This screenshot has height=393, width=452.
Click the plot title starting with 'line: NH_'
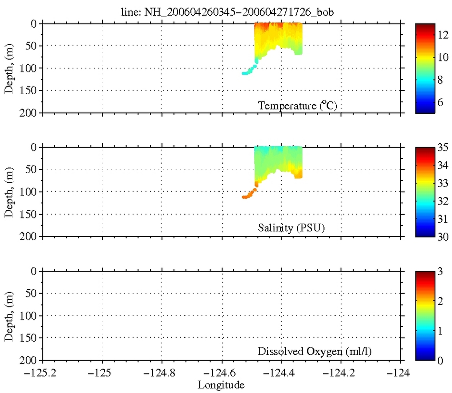[226, 13]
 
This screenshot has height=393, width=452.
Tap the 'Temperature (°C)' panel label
[297, 106]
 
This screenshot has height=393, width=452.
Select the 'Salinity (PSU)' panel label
[291, 229]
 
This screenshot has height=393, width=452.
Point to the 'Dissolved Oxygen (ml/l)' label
[314, 352]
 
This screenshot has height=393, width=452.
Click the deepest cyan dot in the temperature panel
[244, 73]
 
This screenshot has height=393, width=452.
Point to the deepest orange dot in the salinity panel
[244, 196]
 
